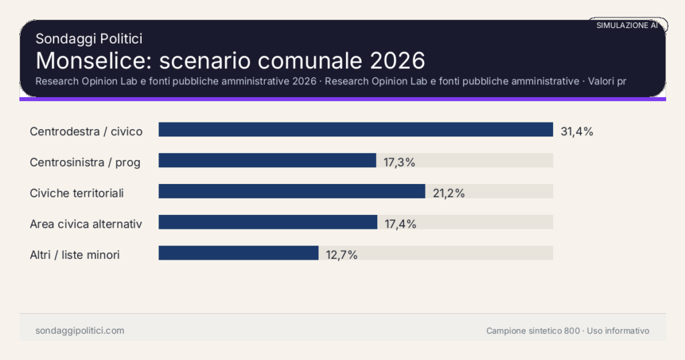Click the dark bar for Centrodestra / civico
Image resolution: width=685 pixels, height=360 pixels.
click(x=355, y=130)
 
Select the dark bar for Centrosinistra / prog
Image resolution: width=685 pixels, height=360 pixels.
click(x=267, y=161)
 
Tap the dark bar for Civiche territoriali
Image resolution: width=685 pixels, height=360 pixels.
click(x=292, y=191)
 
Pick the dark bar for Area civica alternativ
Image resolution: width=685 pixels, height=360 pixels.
click(x=268, y=222)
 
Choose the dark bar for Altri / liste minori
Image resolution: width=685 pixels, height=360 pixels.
click(x=238, y=253)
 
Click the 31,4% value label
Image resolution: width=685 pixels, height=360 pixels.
click(x=577, y=131)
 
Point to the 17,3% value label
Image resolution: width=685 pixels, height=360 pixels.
click(x=399, y=162)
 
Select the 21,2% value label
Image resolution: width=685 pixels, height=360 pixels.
click(x=448, y=193)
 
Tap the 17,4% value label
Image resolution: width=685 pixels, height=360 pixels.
click(x=400, y=224)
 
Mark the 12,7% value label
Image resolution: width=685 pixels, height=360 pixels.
click(x=341, y=255)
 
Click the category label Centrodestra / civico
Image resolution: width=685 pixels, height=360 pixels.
click(x=86, y=131)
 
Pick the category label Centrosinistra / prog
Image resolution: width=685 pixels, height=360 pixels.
click(x=85, y=162)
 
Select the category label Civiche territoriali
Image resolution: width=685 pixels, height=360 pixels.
click(x=77, y=193)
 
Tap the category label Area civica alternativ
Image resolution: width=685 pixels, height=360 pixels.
click(x=86, y=223)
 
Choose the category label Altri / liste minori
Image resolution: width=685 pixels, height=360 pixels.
click(x=75, y=254)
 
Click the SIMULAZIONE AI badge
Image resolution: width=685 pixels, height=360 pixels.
click(x=627, y=25)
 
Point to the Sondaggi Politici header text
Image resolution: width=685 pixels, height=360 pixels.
click(x=88, y=39)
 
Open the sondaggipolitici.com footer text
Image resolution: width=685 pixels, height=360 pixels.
click(x=80, y=331)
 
